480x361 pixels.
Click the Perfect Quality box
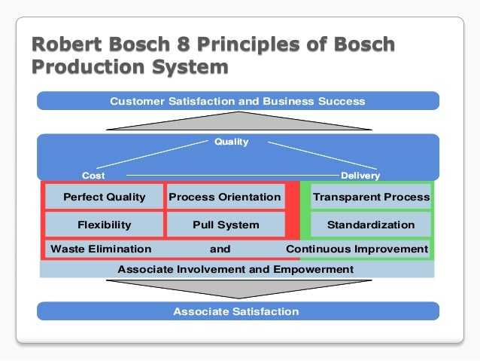pos(104,197)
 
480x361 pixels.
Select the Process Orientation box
pos(225,197)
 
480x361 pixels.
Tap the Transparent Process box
pos(371,197)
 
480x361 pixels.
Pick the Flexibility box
pos(104,225)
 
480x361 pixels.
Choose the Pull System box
pos(225,225)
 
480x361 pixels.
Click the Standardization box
pos(371,225)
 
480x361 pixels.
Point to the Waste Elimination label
pos(100,249)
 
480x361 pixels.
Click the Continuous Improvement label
pos(357,249)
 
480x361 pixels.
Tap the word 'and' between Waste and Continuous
pos(220,249)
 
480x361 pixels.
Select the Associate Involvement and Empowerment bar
pos(235,269)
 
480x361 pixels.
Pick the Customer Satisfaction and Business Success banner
pos(238,101)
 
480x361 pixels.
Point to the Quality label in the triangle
pos(230,142)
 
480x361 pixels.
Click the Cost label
pos(93,176)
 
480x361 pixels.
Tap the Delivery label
pos(360,176)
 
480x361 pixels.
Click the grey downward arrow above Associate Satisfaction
pos(238,289)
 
